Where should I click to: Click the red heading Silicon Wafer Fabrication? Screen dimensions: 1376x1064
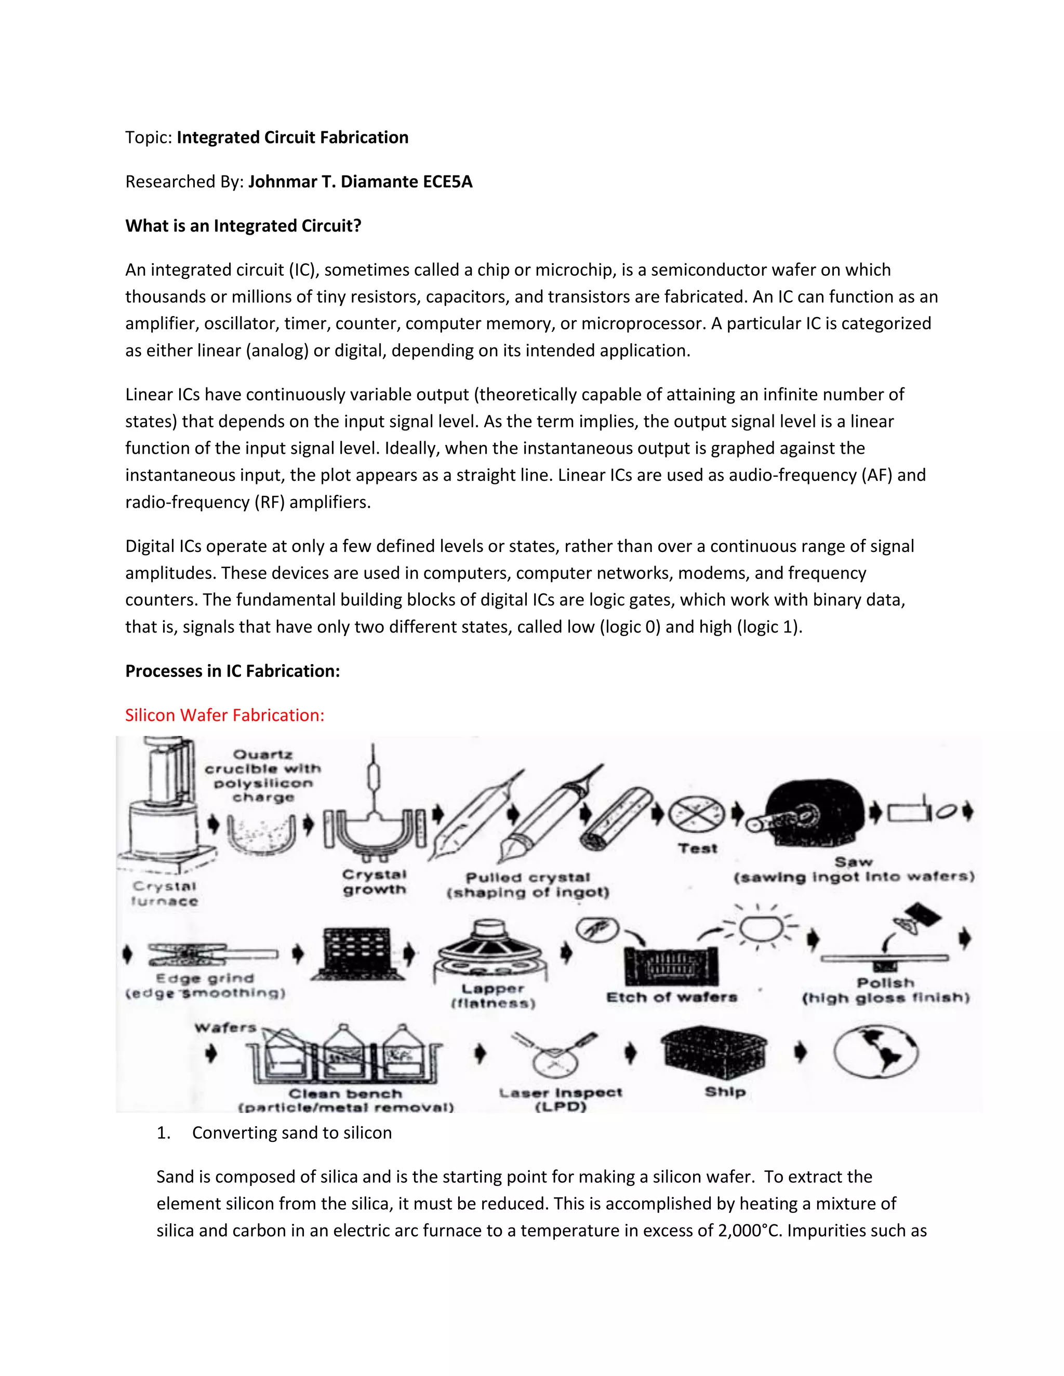coord(224,715)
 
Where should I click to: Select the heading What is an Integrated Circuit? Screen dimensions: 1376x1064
coord(243,225)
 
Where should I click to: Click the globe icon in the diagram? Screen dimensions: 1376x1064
coord(875,1051)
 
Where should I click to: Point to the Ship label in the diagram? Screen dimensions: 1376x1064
coord(725,1091)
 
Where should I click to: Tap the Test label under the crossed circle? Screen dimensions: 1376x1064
coord(698,848)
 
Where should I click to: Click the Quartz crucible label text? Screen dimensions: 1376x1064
coord(263,776)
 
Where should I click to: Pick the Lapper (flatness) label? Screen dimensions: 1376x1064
coord(493,996)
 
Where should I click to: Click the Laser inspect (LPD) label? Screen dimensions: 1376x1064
coord(561,1099)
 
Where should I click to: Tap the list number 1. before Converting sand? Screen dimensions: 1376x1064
coord(163,1133)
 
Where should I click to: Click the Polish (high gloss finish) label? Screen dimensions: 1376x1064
coord(886,990)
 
